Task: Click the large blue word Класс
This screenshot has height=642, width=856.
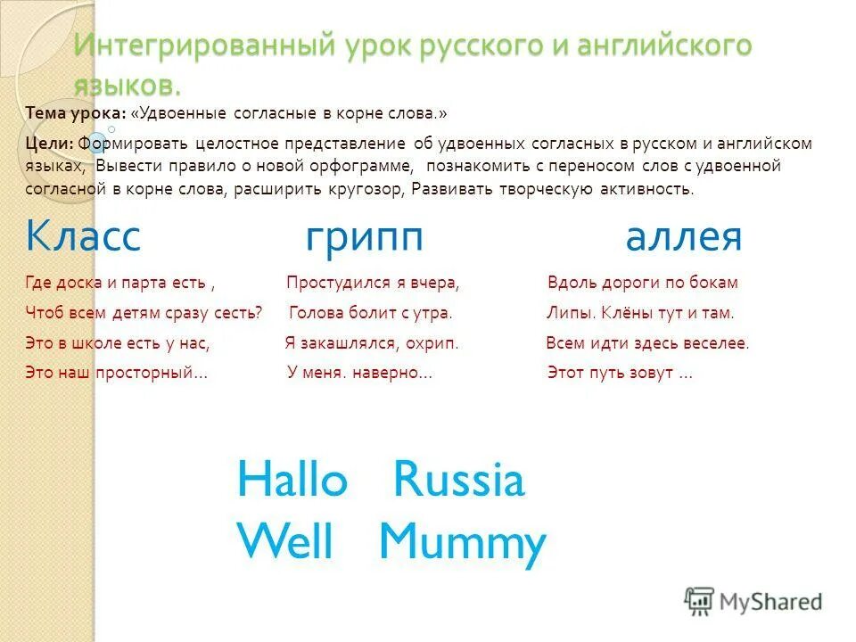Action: pos(84,237)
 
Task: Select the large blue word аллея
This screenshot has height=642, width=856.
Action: pos(684,237)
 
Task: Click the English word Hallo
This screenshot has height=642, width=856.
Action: pos(292,481)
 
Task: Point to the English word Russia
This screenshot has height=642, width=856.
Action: pos(459,481)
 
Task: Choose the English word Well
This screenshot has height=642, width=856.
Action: pos(285,541)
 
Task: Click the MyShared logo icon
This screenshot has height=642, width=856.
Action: pos(700,600)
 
